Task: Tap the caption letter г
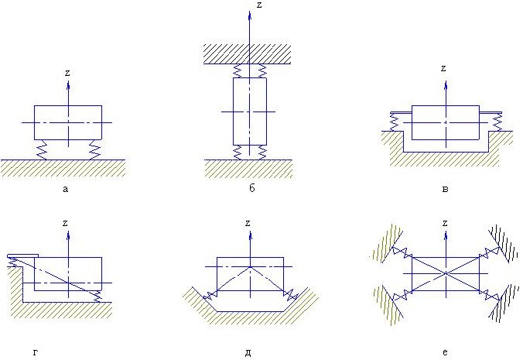click(36, 353)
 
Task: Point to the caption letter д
click(248, 353)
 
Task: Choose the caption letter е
click(445, 353)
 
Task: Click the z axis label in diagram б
click(259, 5)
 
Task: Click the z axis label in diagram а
click(68, 73)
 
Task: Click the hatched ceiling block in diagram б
click(248, 53)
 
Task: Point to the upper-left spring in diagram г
click(12, 264)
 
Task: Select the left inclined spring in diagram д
click(207, 296)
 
